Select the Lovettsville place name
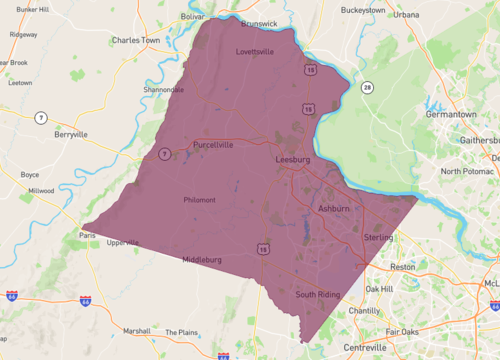point(255,52)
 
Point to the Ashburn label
point(333,208)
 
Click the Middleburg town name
point(202,260)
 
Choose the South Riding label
point(318,295)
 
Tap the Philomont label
point(199,200)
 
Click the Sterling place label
point(378,238)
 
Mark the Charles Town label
point(136,41)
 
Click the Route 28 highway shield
point(368,88)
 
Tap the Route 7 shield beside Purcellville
point(163,153)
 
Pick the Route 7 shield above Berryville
point(41,117)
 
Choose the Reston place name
point(402,267)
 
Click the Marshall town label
point(137,331)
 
